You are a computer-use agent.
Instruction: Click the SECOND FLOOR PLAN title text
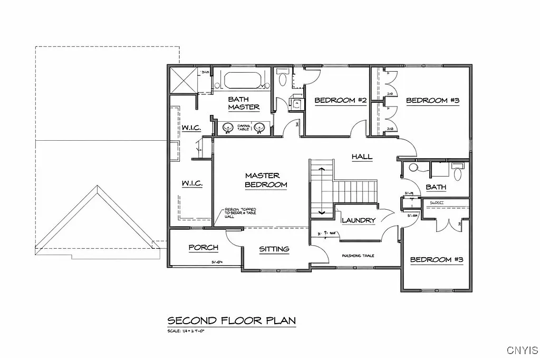232,320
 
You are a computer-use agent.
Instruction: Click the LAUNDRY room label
359,220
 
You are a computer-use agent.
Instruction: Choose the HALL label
362,157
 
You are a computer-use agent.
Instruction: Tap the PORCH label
204,248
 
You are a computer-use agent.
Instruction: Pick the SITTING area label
274,249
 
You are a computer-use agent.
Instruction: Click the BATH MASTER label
243,103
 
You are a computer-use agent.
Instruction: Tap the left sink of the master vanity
228,128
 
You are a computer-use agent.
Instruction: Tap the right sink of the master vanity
259,128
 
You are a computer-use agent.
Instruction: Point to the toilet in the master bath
283,80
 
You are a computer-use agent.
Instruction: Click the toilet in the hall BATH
457,172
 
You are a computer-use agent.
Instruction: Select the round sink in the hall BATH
413,168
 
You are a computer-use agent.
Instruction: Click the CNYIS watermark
522,350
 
